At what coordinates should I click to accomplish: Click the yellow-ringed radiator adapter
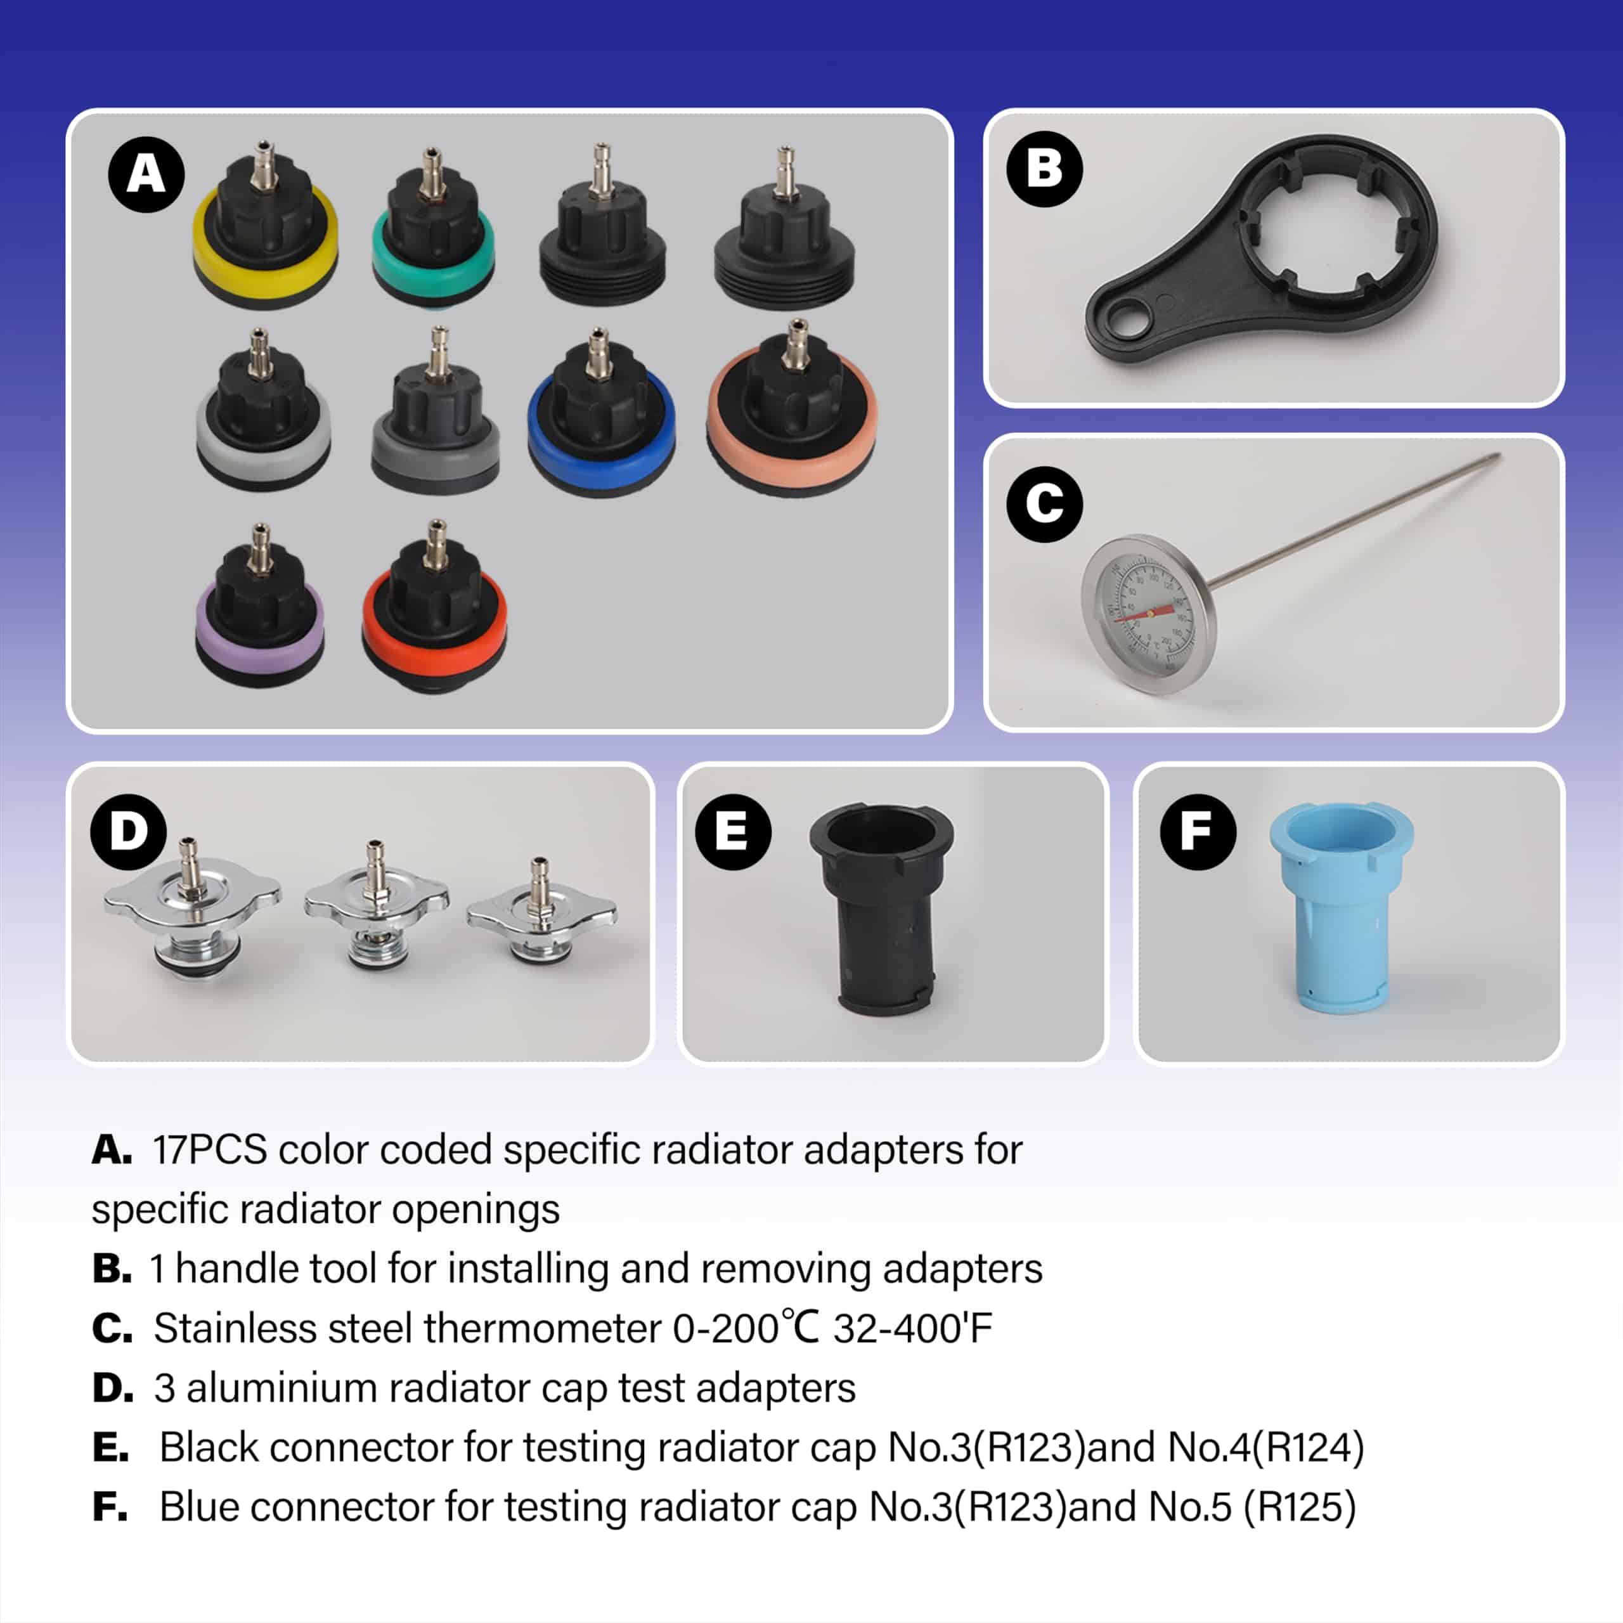[266, 240]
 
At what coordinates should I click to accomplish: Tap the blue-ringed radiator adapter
[600, 420]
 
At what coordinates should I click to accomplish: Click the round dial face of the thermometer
[1148, 614]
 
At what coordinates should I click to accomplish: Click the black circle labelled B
[1044, 168]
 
